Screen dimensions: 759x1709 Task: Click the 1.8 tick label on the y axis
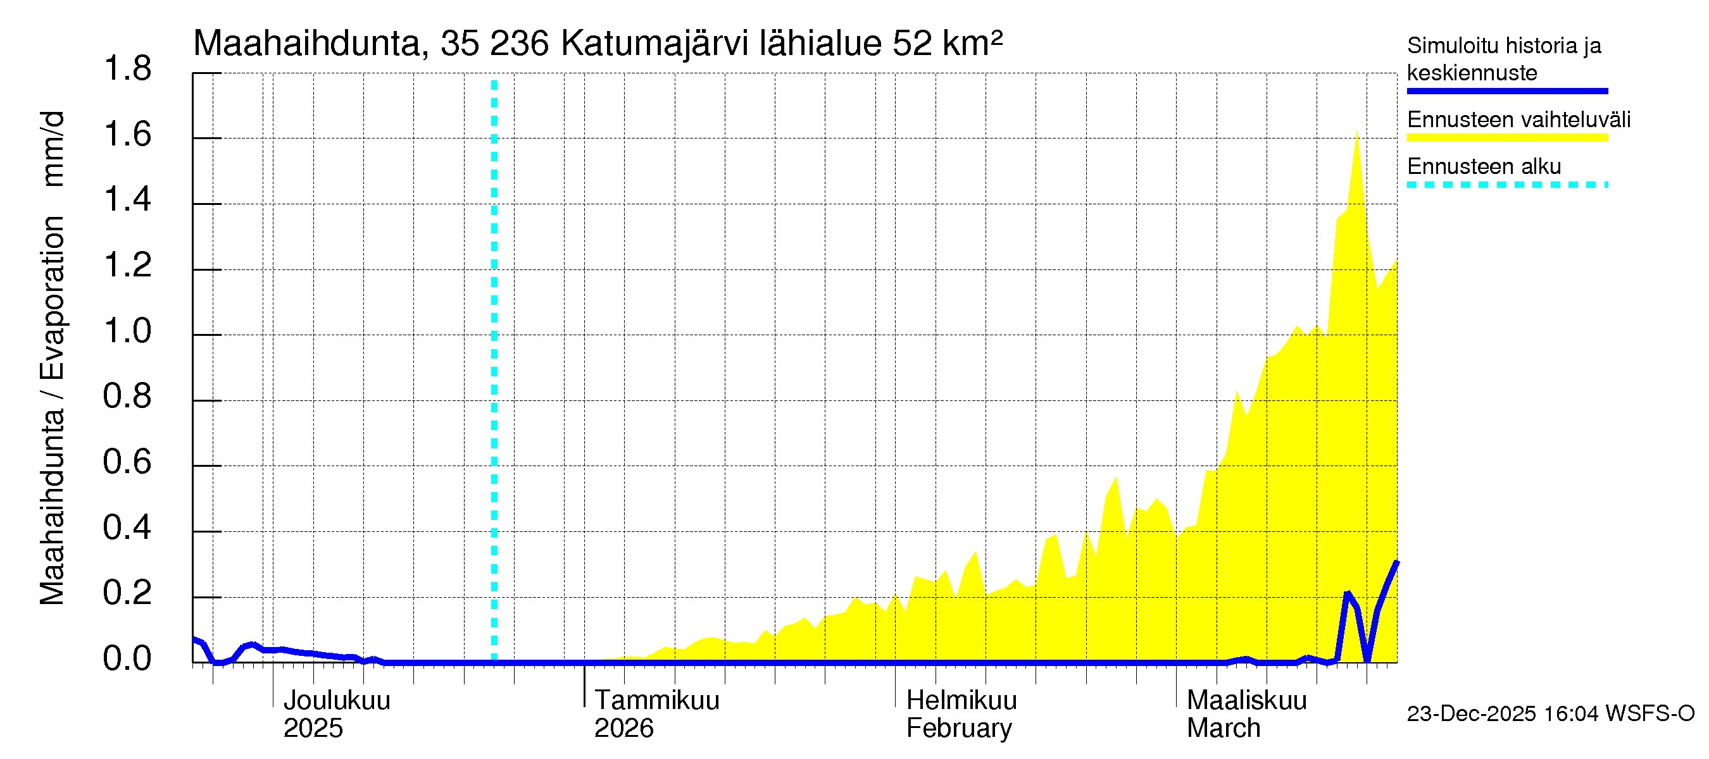[127, 69]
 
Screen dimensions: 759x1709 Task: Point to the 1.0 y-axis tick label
[127, 331]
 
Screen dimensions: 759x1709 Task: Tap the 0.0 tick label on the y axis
[127, 658]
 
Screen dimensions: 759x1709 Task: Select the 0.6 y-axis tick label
[127, 461]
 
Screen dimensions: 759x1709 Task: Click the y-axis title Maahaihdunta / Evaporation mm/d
[52, 358]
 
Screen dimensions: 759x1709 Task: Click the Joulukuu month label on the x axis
[336, 700]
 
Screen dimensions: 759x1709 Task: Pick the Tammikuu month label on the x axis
[656, 700]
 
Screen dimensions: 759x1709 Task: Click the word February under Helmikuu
[959, 728]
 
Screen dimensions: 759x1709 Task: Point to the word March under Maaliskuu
[1224, 728]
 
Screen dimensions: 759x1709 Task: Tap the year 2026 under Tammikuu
[623, 728]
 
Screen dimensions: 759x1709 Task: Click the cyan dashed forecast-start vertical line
[494, 371]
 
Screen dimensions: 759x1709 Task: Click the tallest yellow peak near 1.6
[1356, 136]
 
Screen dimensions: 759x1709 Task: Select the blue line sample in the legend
[1506, 91]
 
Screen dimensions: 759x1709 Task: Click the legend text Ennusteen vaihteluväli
[1518, 120]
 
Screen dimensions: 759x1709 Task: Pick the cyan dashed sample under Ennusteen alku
[1506, 185]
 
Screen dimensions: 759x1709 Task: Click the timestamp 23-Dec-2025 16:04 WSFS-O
[1550, 713]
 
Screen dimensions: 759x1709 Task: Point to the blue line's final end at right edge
[1396, 563]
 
